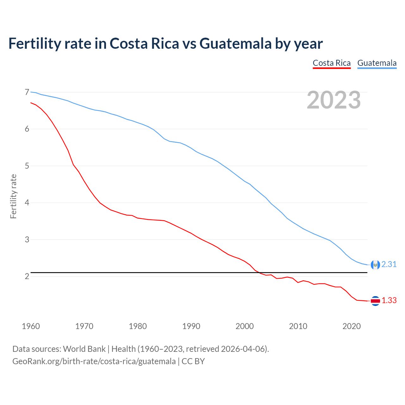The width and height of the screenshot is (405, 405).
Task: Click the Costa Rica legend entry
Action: (332, 63)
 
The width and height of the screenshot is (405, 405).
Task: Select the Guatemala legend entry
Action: (377, 63)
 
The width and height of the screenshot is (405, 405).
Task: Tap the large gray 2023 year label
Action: (334, 100)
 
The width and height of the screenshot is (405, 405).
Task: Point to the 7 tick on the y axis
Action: (27, 92)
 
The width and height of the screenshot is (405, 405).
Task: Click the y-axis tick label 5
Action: (27, 166)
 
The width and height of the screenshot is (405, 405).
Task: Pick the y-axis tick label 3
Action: (27, 240)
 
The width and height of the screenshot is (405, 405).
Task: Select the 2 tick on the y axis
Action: (27, 276)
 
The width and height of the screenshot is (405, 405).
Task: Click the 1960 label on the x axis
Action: (31, 326)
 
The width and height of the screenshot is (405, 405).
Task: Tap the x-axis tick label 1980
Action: (138, 326)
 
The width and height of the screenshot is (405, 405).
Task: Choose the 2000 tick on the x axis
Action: (245, 326)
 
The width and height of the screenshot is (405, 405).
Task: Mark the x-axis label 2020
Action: (352, 326)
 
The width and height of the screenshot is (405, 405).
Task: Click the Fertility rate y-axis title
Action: (13, 196)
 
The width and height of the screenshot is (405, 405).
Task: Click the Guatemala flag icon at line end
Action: (375, 265)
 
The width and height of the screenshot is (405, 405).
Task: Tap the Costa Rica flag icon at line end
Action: (375, 301)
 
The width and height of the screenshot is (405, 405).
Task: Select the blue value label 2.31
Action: (389, 265)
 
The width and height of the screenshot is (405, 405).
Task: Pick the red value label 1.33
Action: (389, 301)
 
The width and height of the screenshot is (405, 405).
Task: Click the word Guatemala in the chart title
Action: (235, 43)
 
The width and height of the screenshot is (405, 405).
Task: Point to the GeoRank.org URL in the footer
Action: (94, 361)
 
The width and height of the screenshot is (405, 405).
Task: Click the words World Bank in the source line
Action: (84, 349)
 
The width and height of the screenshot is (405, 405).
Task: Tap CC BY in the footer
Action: (193, 361)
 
